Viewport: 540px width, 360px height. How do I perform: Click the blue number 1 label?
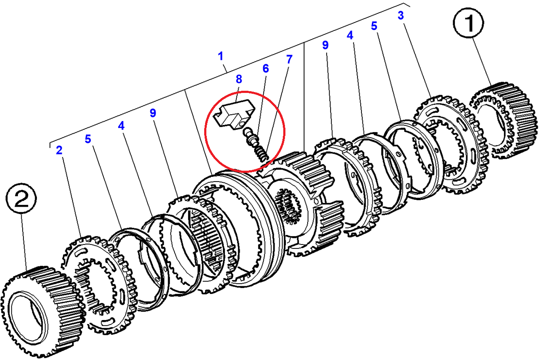click(220, 56)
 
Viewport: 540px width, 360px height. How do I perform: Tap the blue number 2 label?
click(60, 150)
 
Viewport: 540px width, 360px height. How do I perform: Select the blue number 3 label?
click(401, 16)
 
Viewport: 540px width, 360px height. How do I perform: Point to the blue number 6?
click(265, 69)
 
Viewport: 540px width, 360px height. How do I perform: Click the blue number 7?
click(289, 59)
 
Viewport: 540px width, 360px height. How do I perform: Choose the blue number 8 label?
click(239, 79)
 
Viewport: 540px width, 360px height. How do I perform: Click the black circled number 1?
click(468, 23)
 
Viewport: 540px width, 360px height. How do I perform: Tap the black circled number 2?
click(21, 198)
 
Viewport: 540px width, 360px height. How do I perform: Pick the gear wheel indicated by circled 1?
click(504, 120)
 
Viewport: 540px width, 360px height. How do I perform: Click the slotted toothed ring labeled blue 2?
click(99, 285)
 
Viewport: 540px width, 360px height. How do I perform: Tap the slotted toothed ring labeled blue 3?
click(451, 144)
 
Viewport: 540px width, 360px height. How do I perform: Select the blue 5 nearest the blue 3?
click(374, 26)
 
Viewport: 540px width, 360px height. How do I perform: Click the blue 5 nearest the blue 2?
click(88, 139)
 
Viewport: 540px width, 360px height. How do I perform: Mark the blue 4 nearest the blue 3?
click(350, 35)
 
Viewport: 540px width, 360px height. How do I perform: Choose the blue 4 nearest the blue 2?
click(121, 126)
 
